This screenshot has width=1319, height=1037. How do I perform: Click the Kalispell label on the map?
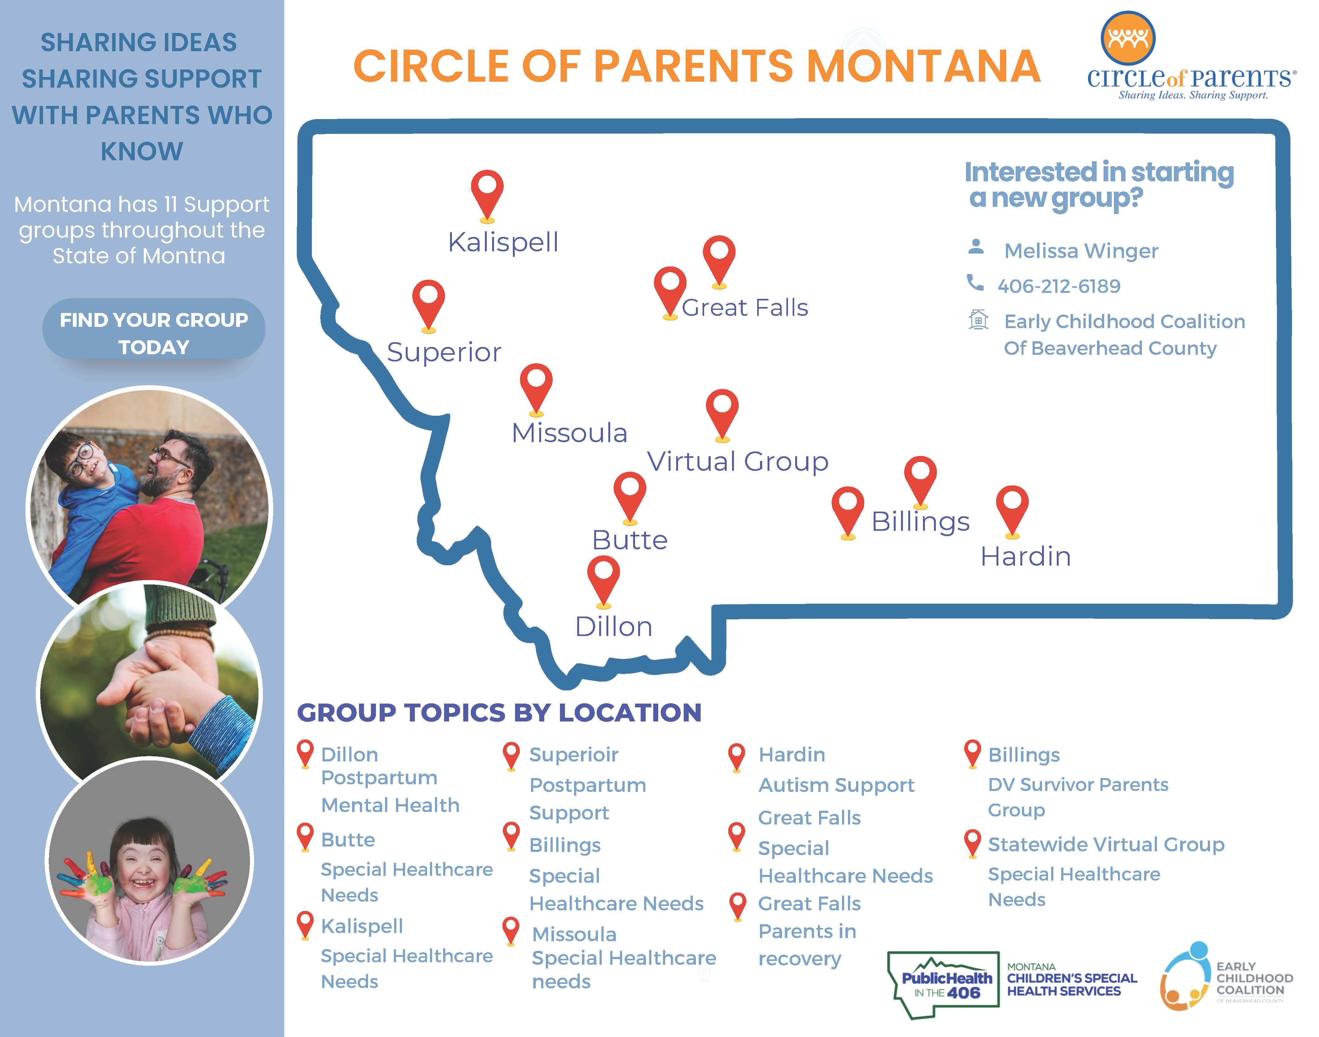tap(503, 242)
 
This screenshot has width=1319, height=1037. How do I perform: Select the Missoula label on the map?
tap(569, 433)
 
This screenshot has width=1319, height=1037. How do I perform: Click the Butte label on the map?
tap(630, 540)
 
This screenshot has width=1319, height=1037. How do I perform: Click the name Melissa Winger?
tap(1081, 251)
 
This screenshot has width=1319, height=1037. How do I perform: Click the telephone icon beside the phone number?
tap(975, 283)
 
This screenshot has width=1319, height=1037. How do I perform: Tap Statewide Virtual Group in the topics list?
tap(1106, 845)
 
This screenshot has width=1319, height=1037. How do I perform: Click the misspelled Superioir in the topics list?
tap(573, 755)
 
